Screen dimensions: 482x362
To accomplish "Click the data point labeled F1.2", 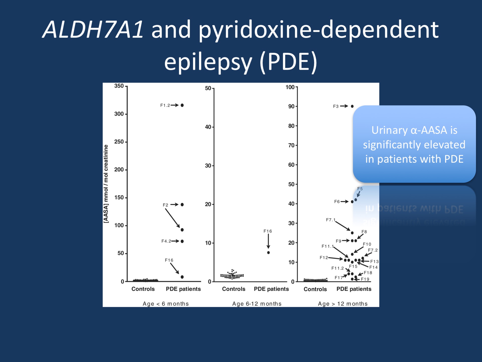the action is tap(182, 105).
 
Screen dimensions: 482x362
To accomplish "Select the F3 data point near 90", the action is tap(352, 106).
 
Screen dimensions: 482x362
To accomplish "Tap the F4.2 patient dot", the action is tap(182, 241).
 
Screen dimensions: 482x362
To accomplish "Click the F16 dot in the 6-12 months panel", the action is tap(268, 253).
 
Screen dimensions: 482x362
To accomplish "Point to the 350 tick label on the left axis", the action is tap(119, 86).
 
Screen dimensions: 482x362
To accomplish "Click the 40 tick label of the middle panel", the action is tap(208, 127).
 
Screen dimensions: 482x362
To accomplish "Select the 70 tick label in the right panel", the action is tap(291, 145).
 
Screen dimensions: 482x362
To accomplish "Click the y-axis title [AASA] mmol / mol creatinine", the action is tap(106, 184).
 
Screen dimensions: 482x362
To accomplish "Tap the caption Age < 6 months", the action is tap(166, 304).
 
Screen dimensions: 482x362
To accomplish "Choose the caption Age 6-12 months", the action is tap(257, 304).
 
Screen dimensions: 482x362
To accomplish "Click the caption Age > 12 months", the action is tap(343, 304).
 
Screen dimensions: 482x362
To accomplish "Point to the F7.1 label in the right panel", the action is tap(331, 220).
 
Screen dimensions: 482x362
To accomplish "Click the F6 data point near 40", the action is tap(352, 202).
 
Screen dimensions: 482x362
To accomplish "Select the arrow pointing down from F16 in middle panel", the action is tap(268, 241).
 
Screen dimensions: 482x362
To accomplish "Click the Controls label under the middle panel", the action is tap(234, 289).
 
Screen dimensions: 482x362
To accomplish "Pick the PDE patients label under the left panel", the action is tap(183, 289).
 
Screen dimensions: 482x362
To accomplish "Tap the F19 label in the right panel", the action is tap(365, 279).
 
